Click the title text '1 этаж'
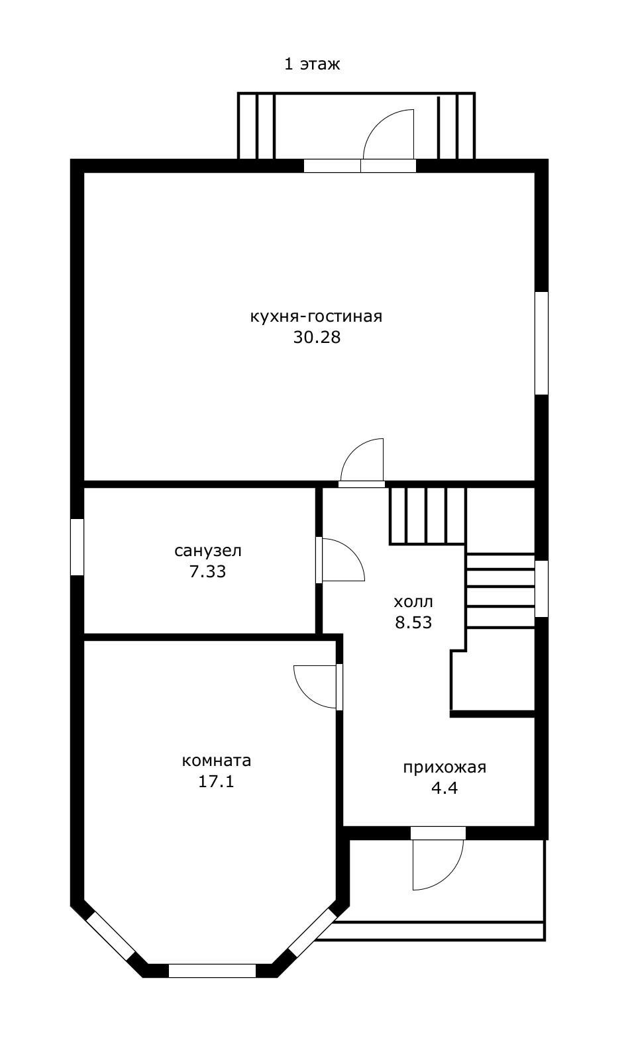pyautogui.click(x=312, y=64)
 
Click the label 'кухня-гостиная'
pyautogui.click(x=317, y=316)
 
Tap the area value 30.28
pyautogui.click(x=317, y=338)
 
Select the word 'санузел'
pyautogui.click(x=208, y=551)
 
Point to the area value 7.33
pyautogui.click(x=208, y=572)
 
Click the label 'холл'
pyautogui.click(x=413, y=602)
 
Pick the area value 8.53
pyautogui.click(x=413, y=623)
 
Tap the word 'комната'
pyautogui.click(x=217, y=761)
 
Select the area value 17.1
pyautogui.click(x=217, y=782)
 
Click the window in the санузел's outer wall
pyautogui.click(x=78, y=547)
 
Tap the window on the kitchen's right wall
pyautogui.click(x=542, y=343)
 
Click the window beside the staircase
pyautogui.click(x=542, y=589)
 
